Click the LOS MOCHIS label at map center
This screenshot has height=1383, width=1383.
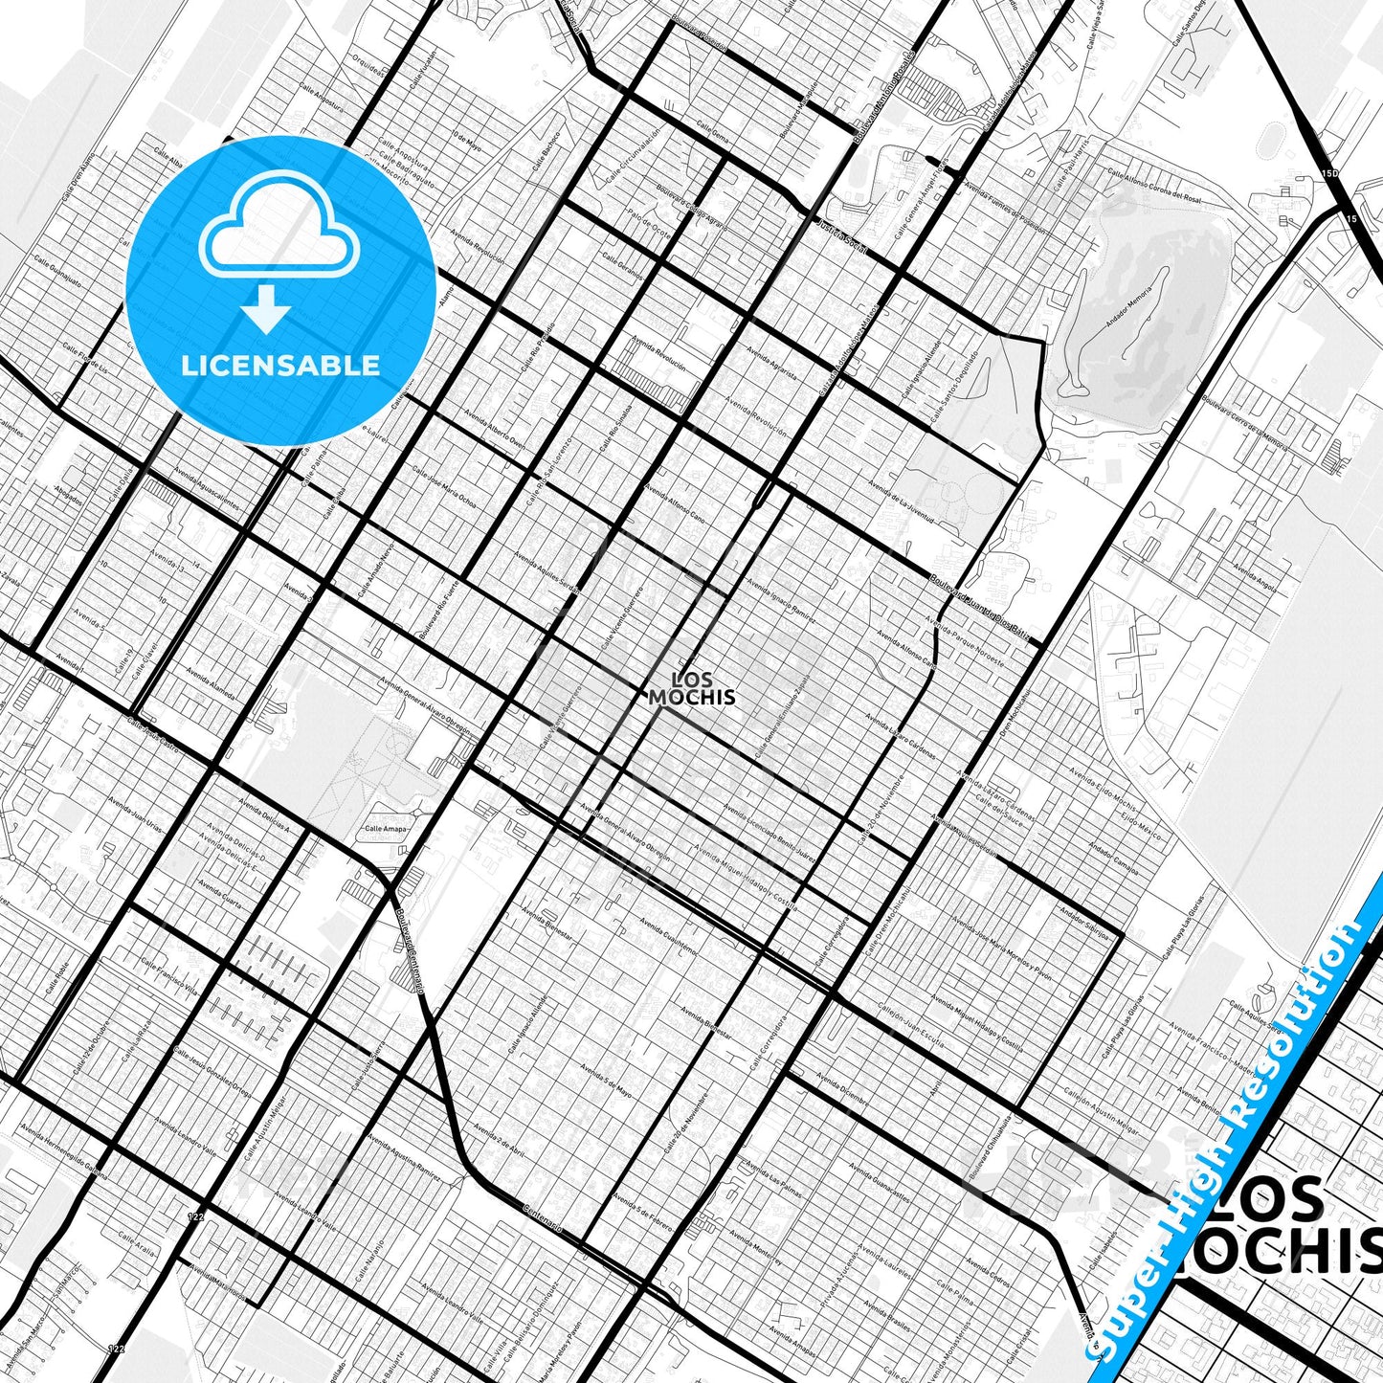[692, 689]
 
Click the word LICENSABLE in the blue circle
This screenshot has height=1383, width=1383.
[280, 366]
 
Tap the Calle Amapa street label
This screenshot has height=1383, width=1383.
[386, 829]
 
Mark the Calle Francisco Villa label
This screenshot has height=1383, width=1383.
[168, 975]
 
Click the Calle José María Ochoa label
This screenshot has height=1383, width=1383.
[443, 487]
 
